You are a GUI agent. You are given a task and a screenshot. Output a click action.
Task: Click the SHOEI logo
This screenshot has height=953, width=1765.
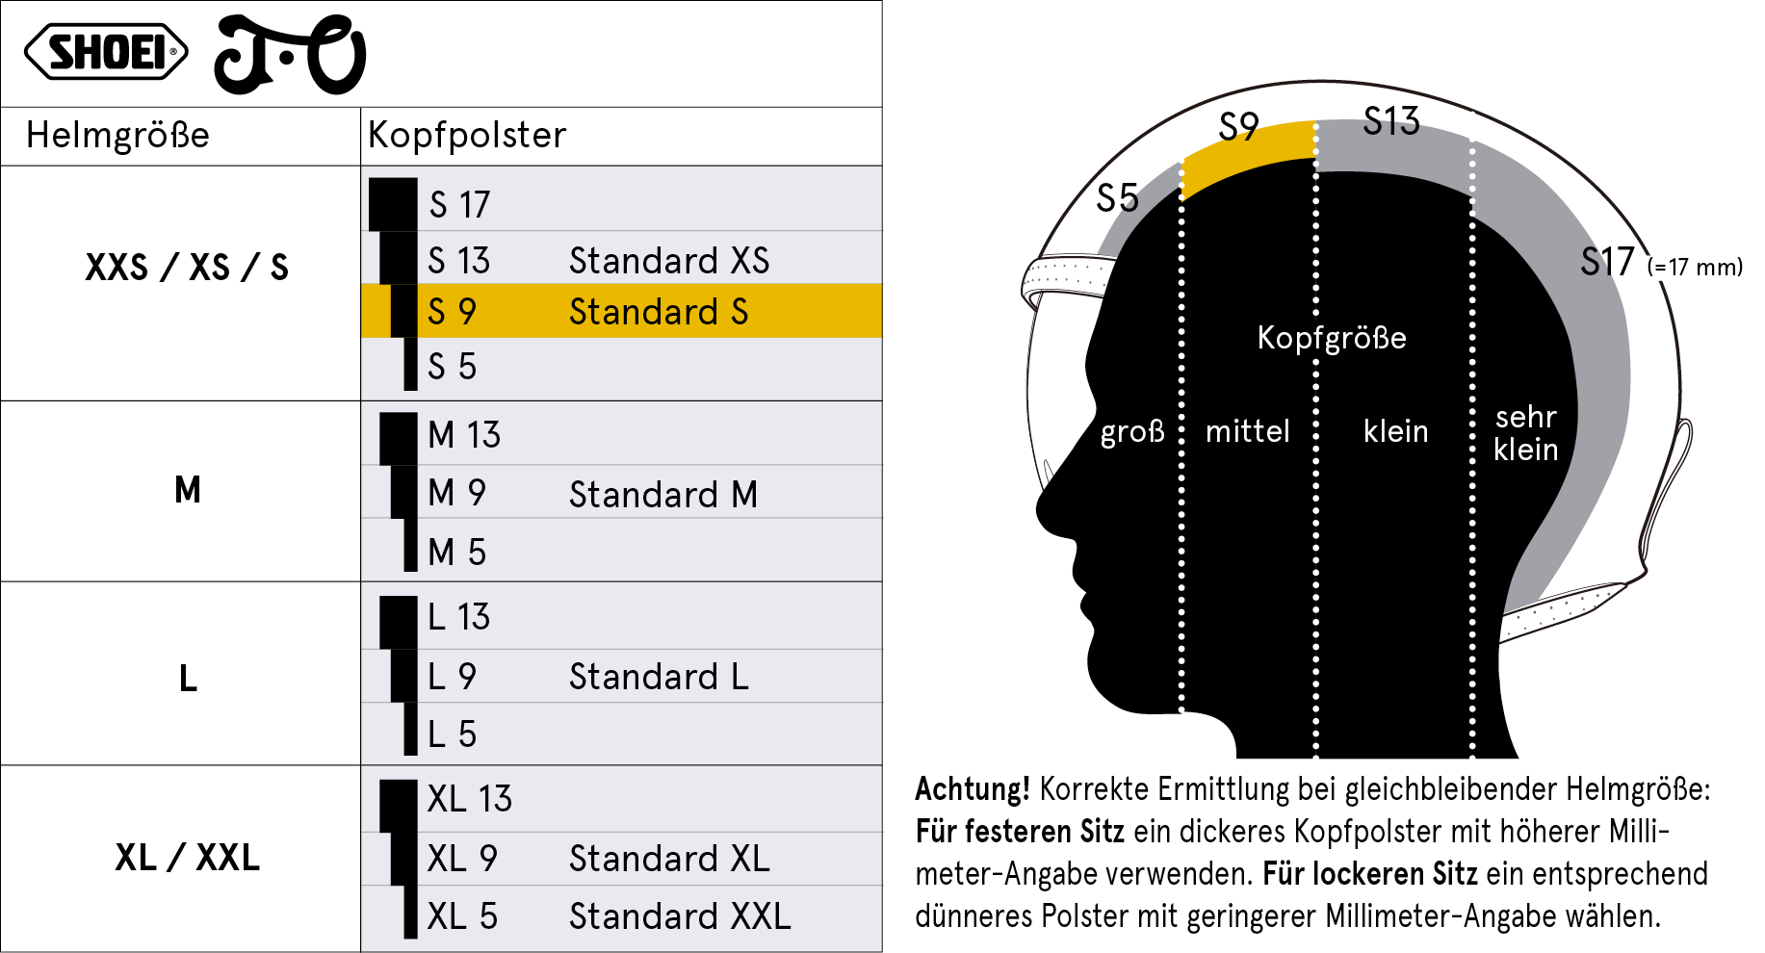(106, 52)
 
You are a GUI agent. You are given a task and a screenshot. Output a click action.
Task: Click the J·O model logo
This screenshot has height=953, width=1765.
(290, 55)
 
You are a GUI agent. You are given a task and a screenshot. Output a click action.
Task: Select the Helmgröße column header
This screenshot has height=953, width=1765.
(117, 135)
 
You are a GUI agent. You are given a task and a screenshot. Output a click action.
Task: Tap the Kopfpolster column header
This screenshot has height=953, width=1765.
(467, 135)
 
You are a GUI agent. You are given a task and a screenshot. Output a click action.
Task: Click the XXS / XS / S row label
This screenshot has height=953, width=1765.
(187, 267)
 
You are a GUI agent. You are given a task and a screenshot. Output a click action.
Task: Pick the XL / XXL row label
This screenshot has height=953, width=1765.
(188, 857)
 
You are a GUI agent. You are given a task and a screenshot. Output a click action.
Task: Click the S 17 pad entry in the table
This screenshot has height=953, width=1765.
(459, 204)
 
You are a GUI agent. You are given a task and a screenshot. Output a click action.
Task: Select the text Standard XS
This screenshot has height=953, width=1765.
(669, 260)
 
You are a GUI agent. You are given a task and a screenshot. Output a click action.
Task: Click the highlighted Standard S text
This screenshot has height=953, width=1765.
(659, 312)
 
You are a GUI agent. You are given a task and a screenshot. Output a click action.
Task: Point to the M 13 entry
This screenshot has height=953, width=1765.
(464, 434)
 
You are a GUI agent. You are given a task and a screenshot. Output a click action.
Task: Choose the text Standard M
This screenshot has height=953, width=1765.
(663, 494)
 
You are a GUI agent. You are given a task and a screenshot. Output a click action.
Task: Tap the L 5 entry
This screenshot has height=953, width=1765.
(452, 734)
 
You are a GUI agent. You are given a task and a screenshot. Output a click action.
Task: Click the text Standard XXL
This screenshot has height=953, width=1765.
(680, 915)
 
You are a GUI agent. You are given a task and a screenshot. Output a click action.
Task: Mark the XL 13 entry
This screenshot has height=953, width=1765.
(470, 798)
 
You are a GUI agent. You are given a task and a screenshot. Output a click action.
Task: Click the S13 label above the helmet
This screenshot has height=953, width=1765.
(1391, 121)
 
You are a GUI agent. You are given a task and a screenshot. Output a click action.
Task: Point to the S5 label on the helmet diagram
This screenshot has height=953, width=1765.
(1118, 198)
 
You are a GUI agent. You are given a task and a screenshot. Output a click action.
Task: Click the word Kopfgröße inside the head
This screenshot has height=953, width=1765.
(1332, 338)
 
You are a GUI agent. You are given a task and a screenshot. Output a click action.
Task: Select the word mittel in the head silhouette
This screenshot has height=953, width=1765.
(1248, 430)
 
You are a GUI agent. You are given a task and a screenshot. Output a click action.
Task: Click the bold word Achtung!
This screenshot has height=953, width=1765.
(973, 789)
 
